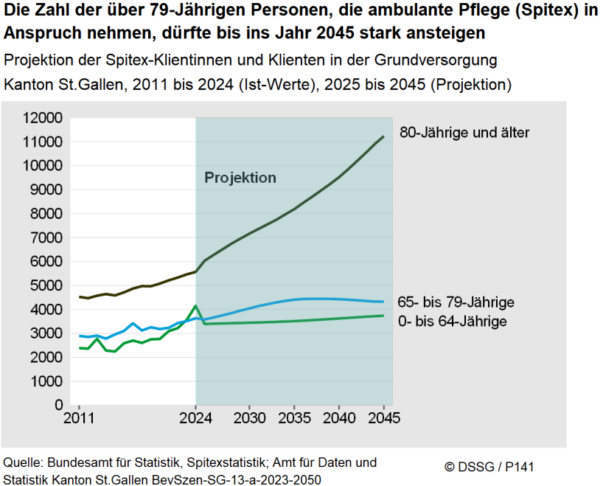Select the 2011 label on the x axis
click(79, 419)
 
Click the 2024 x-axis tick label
click(195, 419)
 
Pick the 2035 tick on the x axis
click(294, 419)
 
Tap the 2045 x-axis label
click(384, 419)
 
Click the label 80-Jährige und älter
click(464, 133)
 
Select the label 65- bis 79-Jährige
click(456, 302)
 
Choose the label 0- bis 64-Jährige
click(452, 321)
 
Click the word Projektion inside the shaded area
click(240, 178)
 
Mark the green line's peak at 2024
click(195, 305)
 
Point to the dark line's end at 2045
click(384, 136)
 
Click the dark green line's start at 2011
click(79, 297)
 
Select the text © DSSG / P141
click(489, 467)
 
